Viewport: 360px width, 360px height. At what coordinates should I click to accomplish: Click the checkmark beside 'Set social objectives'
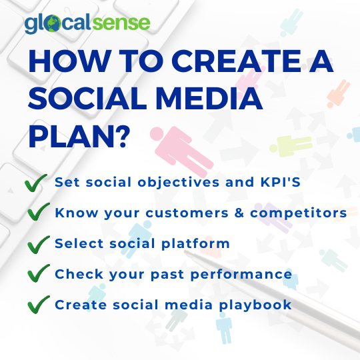[x=37, y=183]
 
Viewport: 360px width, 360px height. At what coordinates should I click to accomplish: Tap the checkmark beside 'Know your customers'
[x=37, y=213]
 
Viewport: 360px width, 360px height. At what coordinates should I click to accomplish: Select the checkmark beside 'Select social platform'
[x=37, y=244]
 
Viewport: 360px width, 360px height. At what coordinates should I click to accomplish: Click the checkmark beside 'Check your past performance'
[x=37, y=275]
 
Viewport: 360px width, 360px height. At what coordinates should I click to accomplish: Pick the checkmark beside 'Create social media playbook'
[x=37, y=305]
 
